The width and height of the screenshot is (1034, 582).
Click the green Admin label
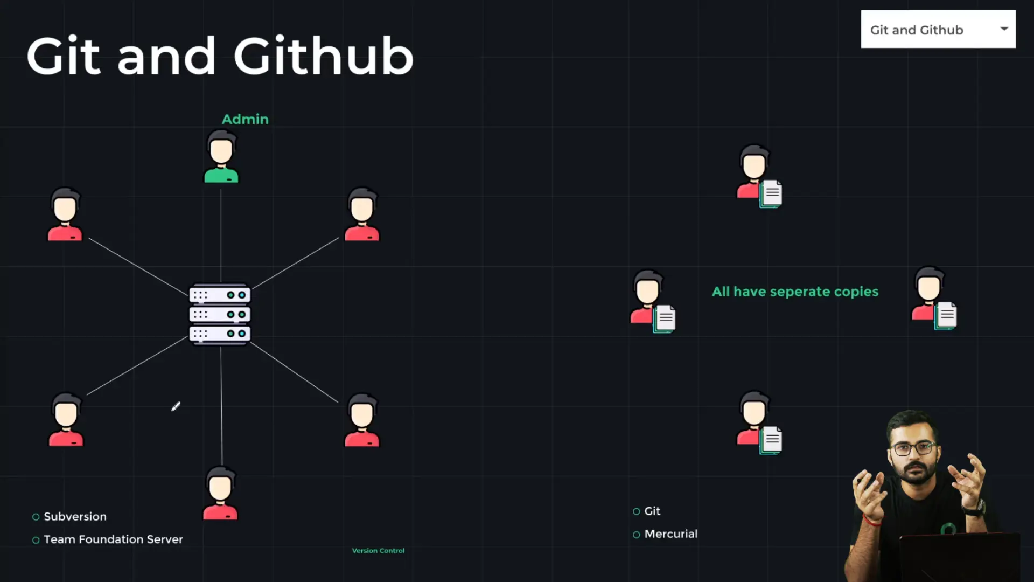point(245,119)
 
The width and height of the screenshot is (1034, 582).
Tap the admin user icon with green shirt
point(221,157)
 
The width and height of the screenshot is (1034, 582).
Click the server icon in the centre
point(220,314)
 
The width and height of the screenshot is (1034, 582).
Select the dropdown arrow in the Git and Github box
point(1004,29)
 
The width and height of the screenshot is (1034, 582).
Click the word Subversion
point(75,516)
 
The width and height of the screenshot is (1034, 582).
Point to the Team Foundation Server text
point(113,539)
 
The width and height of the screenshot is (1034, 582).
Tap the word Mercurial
point(670,533)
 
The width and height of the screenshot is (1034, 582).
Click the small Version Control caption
point(378,550)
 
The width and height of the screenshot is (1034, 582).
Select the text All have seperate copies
point(795,292)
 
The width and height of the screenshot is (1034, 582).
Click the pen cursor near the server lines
point(176,406)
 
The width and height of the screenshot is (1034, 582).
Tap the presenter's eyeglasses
point(912,448)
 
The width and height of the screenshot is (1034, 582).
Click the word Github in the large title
point(323,56)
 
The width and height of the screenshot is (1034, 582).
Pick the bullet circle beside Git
point(636,511)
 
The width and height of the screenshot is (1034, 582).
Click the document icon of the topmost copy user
point(771,193)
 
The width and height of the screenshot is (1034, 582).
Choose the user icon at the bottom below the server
point(220,493)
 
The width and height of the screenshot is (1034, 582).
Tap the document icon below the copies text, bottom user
point(771,440)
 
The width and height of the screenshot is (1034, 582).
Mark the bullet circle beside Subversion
point(36,517)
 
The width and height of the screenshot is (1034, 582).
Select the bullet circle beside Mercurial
point(636,535)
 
